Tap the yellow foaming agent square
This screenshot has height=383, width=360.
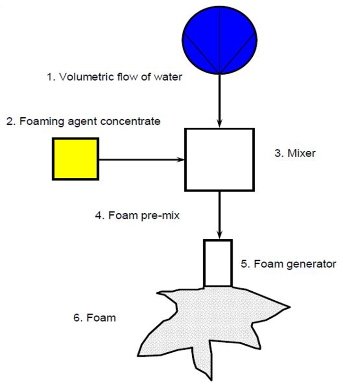(76, 159)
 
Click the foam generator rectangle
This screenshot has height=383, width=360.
(218, 263)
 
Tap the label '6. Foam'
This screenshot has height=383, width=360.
(94, 317)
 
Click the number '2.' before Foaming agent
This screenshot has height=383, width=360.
(10, 122)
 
